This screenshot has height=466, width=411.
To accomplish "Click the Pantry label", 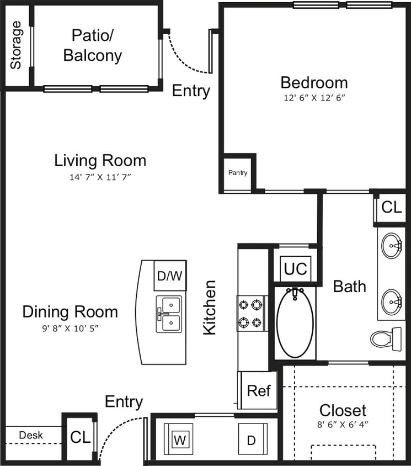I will [x=238, y=173].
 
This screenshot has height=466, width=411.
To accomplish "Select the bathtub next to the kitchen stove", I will [x=295, y=322].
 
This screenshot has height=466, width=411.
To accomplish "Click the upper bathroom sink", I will [x=392, y=244].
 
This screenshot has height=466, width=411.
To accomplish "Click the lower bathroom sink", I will [x=392, y=301].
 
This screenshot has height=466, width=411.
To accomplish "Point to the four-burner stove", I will [x=252, y=314].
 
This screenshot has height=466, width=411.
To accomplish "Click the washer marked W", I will [x=179, y=440].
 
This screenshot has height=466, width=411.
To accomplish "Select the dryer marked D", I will [x=252, y=440].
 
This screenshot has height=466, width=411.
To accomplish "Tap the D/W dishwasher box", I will [x=169, y=276].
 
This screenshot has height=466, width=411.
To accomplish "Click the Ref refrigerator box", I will [x=258, y=391].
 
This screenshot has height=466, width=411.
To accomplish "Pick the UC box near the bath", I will [x=295, y=269].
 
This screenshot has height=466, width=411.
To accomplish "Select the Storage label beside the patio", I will [x=16, y=45].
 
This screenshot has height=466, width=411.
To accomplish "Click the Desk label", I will [x=31, y=435].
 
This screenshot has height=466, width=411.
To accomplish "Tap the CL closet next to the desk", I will [x=80, y=437].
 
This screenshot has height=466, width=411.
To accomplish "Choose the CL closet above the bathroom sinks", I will [x=392, y=208].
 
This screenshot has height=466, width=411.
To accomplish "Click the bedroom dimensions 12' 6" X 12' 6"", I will [x=314, y=98].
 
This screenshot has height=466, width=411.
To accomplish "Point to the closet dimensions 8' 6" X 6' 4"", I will [x=343, y=425].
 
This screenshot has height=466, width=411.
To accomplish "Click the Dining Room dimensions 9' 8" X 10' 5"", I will [x=70, y=327].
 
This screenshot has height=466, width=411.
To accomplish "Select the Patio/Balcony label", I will [x=93, y=45].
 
